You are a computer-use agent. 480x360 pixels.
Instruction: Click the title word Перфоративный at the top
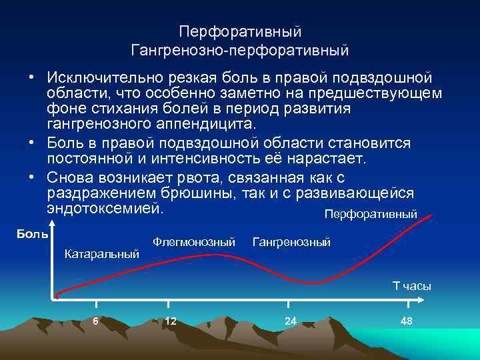[240, 32]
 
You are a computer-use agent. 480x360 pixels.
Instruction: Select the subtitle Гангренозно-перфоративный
[240, 50]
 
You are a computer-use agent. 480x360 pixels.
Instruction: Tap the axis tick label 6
[96, 321]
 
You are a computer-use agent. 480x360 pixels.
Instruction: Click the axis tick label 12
[171, 321]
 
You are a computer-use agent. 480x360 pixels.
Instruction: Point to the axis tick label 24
[290, 321]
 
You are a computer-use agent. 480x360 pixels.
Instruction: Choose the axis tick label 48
[407, 321]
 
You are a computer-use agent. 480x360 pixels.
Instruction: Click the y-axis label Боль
[32, 234]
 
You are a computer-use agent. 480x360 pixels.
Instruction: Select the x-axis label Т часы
[411, 286]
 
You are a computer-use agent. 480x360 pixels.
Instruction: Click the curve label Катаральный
[101, 253]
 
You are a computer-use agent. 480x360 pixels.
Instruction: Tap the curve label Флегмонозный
[194, 242]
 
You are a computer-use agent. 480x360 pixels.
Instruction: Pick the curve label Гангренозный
[291, 242]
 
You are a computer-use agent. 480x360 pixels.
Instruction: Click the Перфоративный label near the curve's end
[370, 215]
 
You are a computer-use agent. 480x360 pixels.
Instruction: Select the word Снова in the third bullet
[69, 177]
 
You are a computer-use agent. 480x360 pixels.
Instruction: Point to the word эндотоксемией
[105, 207]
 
